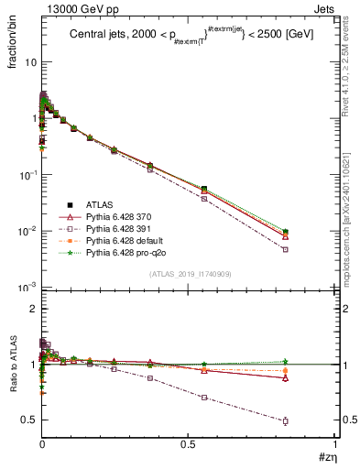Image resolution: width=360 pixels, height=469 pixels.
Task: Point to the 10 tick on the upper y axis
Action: click(x=30, y=62)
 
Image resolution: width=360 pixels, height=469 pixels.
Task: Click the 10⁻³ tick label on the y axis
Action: click(x=27, y=287)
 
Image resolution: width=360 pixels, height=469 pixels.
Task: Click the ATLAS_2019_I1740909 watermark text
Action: click(x=189, y=274)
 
